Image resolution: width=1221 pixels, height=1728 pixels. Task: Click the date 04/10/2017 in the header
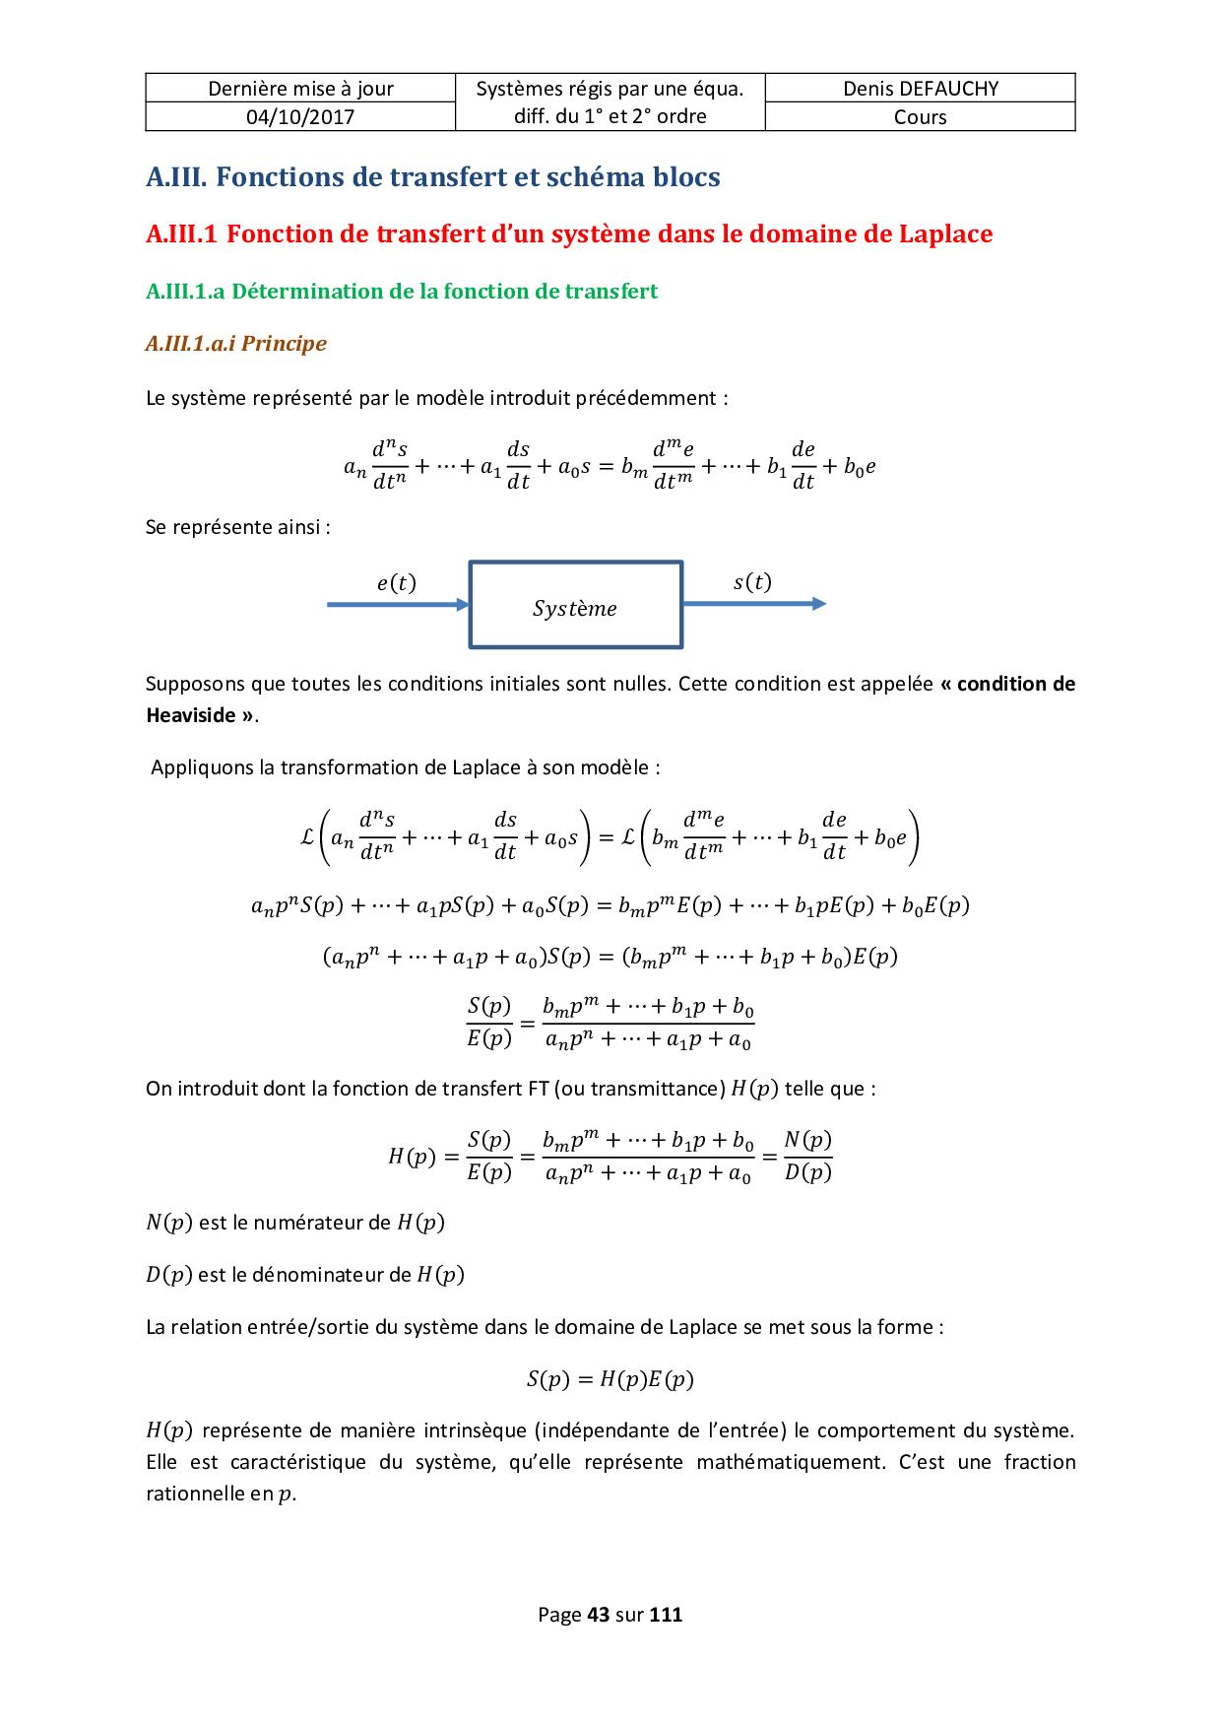tap(300, 117)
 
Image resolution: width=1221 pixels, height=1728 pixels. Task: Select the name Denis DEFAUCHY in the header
tap(921, 89)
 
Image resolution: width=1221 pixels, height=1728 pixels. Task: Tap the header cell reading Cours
tap(921, 117)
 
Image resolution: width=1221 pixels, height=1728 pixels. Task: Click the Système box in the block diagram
tap(575, 605)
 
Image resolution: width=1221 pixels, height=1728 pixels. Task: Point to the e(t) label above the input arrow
tap(397, 583)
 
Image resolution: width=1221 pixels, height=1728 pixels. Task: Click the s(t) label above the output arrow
tap(752, 582)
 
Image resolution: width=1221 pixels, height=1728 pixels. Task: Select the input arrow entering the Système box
tap(398, 605)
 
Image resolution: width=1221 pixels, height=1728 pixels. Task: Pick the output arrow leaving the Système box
tap(754, 604)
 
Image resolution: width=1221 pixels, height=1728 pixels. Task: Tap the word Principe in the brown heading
tap(284, 344)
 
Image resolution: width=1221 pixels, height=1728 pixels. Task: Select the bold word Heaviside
tap(191, 715)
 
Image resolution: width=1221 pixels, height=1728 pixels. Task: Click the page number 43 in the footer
tap(598, 1615)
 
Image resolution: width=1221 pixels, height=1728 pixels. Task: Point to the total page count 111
tap(666, 1615)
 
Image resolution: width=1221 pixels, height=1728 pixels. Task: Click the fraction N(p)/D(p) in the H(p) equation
tap(807, 1156)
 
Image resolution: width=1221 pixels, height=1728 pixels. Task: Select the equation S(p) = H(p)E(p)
tap(610, 1379)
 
